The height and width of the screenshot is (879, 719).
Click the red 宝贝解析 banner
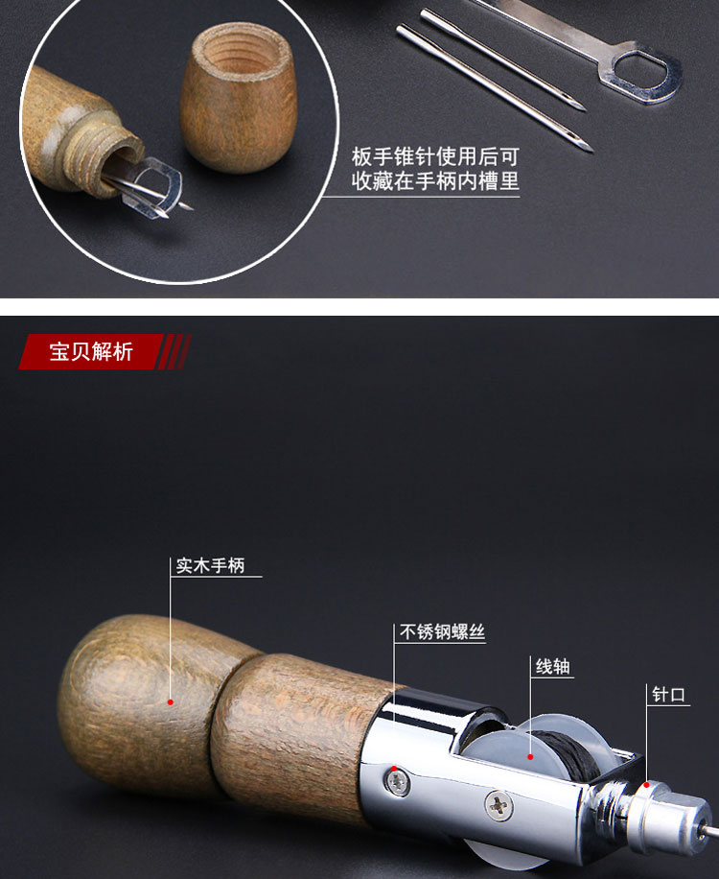pyautogui.click(x=91, y=351)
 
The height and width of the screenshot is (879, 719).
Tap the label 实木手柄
pyautogui.click(x=211, y=565)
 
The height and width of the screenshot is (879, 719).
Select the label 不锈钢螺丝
pyautogui.click(x=442, y=631)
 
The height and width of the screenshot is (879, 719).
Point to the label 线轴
pyautogui.click(x=553, y=667)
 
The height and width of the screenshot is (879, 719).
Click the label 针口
pyautogui.click(x=668, y=695)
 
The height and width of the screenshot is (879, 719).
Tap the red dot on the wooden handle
pyautogui.click(x=171, y=701)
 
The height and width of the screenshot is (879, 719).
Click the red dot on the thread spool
pyautogui.click(x=530, y=757)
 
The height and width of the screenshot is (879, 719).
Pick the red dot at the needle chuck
pyautogui.click(x=647, y=785)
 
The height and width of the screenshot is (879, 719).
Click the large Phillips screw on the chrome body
pyautogui.click(x=499, y=806)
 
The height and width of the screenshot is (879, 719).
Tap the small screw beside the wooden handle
pyautogui.click(x=398, y=782)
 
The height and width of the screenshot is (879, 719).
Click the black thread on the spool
pyautogui.click(x=567, y=755)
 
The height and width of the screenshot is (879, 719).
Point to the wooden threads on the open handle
pyautogui.click(x=109, y=155)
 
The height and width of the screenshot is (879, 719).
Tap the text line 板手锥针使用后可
pyautogui.click(x=435, y=157)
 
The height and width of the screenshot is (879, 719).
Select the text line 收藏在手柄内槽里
pyautogui.click(x=435, y=180)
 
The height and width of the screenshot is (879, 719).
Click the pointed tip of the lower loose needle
pyautogui.click(x=591, y=151)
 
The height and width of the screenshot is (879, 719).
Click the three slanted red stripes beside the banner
pyautogui.click(x=174, y=351)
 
